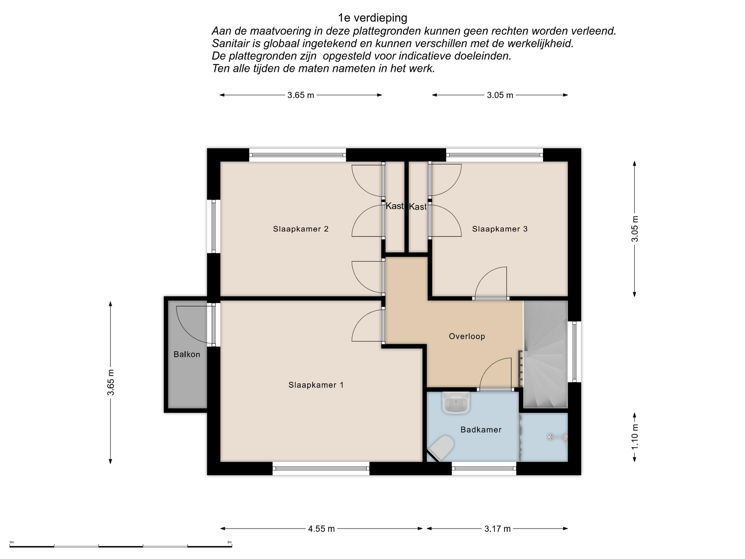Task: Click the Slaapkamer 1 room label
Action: pyautogui.click(x=316, y=385)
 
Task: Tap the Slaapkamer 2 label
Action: pyautogui.click(x=301, y=229)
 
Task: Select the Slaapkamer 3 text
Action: pyautogui.click(x=500, y=229)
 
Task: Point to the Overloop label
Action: pyautogui.click(x=467, y=337)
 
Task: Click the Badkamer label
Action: pyautogui.click(x=481, y=430)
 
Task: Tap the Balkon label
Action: pyautogui.click(x=187, y=354)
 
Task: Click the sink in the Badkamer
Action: pyautogui.click(x=456, y=403)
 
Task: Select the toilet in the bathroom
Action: pyautogui.click(x=442, y=448)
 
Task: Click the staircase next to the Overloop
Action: pyautogui.click(x=546, y=354)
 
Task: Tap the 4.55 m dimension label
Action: pyautogui.click(x=321, y=529)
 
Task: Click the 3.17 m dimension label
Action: pyautogui.click(x=497, y=529)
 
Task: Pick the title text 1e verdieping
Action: pyautogui.click(x=372, y=18)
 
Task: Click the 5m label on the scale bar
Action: pyautogui.click(x=229, y=542)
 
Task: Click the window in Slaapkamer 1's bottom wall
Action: pyautogui.click(x=321, y=469)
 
